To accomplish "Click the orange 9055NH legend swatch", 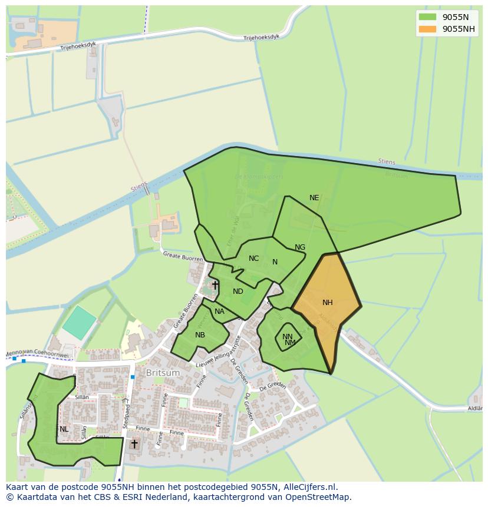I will pyautogui.click(x=428, y=29).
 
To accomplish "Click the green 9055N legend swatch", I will pyautogui.click(x=428, y=17).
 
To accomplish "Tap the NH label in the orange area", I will pyautogui.click(x=328, y=303).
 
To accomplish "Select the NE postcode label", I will pyautogui.click(x=314, y=198).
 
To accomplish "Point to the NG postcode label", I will pyautogui.click(x=300, y=247).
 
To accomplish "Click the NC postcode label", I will pyautogui.click(x=253, y=259).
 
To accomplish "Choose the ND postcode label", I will pyautogui.click(x=238, y=291).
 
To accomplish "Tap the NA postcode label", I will pyautogui.click(x=219, y=312).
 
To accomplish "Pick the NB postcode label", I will pyautogui.click(x=200, y=335).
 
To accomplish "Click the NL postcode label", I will pyautogui.click(x=64, y=429).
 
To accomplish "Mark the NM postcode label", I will pyautogui.click(x=290, y=343).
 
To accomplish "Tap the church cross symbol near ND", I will pyautogui.click(x=215, y=286).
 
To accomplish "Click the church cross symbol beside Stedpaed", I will pyautogui.click(x=134, y=443).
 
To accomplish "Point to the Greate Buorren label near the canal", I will pyautogui.click(x=183, y=256).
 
